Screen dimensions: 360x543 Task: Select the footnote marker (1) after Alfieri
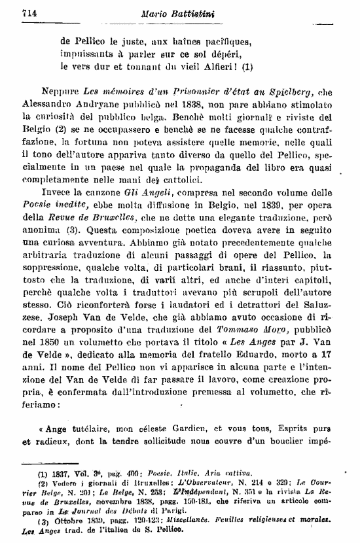[247, 66]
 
